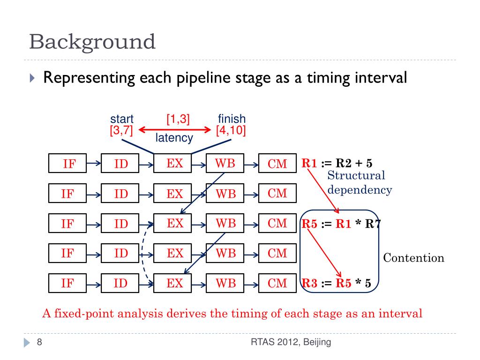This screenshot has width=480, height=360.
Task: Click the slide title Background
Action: click(x=92, y=42)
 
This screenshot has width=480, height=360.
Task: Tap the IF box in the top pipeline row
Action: click(x=68, y=163)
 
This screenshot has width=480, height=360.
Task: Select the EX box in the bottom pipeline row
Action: click(x=175, y=283)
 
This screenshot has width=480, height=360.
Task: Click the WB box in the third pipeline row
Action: click(x=225, y=223)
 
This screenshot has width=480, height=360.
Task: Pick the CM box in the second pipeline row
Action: click(x=277, y=193)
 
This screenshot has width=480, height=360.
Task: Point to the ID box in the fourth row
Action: click(x=121, y=254)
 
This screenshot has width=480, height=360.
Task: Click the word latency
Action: click(x=174, y=138)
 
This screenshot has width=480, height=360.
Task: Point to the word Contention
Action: click(x=413, y=258)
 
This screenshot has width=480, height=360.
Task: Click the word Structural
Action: click(x=356, y=176)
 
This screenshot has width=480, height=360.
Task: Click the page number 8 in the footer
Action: click(x=39, y=342)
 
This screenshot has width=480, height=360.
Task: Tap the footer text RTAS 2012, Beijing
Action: click(x=291, y=342)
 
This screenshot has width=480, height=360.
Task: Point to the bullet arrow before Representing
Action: click(x=32, y=78)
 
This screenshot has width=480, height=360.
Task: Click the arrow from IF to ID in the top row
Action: click(x=94, y=163)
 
